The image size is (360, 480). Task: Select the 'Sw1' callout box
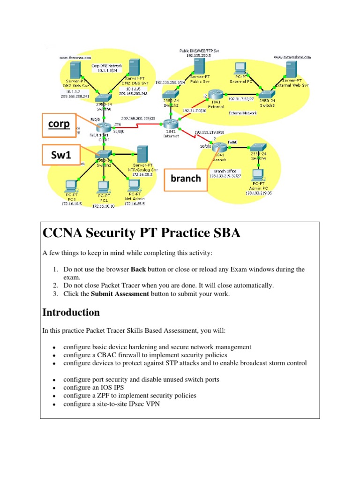(61, 155)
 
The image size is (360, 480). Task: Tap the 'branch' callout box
(185, 178)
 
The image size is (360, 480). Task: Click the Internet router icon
(169, 124)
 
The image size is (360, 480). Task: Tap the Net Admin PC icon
(133, 186)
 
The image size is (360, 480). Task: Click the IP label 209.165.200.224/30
(138, 119)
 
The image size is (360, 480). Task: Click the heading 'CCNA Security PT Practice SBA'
(141, 232)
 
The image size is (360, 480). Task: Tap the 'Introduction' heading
(71, 312)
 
